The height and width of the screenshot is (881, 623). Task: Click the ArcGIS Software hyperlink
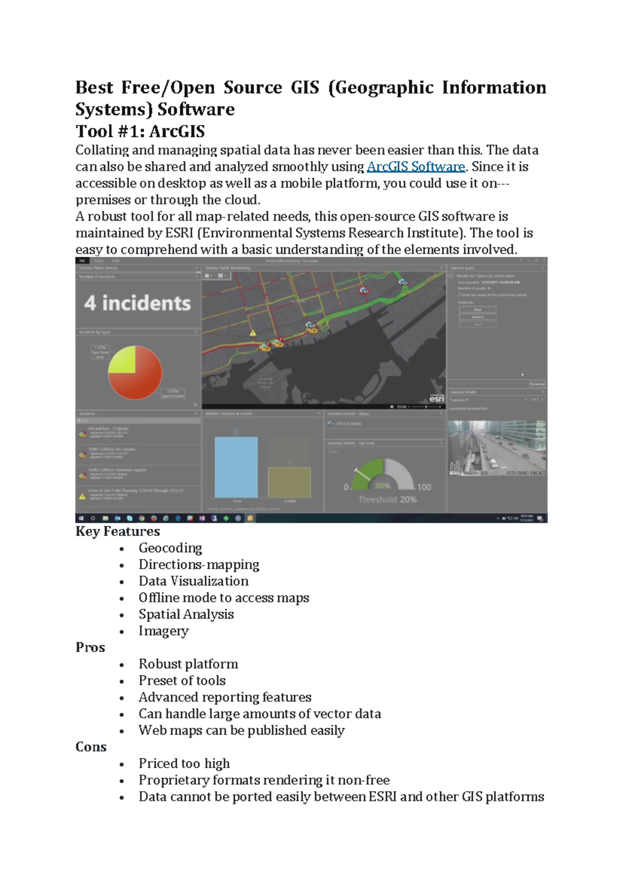[415, 167]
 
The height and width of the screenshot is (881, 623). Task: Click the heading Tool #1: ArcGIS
[140, 131]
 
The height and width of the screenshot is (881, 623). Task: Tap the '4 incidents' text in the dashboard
[138, 303]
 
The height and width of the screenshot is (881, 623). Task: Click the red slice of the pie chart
[140, 382]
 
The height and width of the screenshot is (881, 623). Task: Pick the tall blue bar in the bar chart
[236, 468]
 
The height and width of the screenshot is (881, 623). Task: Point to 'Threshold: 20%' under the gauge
[387, 500]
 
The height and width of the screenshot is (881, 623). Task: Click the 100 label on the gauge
[424, 487]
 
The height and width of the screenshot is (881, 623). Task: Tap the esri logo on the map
[437, 399]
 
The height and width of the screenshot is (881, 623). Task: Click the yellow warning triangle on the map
[253, 333]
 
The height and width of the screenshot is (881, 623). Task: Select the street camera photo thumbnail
[496, 448]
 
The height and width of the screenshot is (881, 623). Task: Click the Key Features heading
[117, 531]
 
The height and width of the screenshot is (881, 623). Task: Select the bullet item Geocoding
[170, 548]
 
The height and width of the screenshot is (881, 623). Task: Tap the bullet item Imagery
[164, 631]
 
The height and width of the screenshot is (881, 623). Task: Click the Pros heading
[90, 647]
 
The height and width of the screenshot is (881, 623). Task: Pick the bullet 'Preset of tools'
[182, 680]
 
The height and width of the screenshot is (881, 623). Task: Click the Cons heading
[91, 747]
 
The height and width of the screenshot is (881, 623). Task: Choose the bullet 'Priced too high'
[184, 764]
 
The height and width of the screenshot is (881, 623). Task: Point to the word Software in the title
[196, 110]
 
